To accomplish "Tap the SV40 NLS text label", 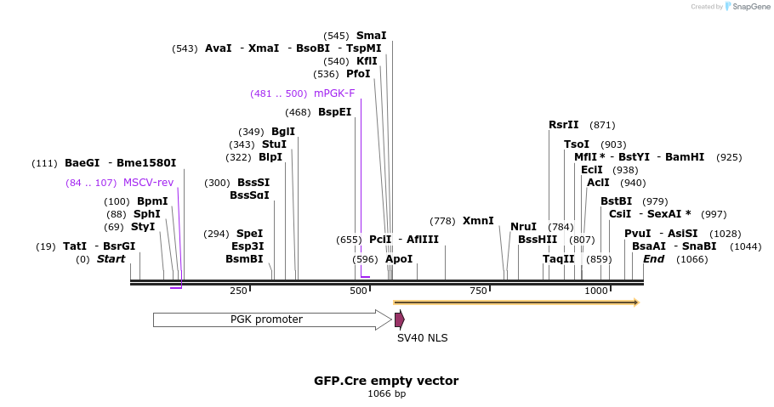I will [422, 338].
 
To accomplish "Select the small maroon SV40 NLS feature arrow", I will [399, 319].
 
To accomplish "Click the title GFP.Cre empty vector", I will [386, 381].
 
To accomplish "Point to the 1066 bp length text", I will [386, 394].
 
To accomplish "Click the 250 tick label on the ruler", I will [238, 291].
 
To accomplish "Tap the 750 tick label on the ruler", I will [478, 291].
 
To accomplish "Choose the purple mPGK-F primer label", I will [334, 93].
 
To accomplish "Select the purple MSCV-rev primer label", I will [148, 183].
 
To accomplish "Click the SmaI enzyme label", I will [371, 36].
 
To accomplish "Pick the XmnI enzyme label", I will [478, 221].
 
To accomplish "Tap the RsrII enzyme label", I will [563, 125].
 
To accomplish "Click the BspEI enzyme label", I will [334, 112].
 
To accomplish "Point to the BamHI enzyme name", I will [685, 157].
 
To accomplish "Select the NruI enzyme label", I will [523, 227].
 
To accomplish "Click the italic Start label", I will [111, 259].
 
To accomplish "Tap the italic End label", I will [653, 259].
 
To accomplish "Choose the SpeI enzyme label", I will [249, 234].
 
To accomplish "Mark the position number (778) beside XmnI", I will [442, 221].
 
